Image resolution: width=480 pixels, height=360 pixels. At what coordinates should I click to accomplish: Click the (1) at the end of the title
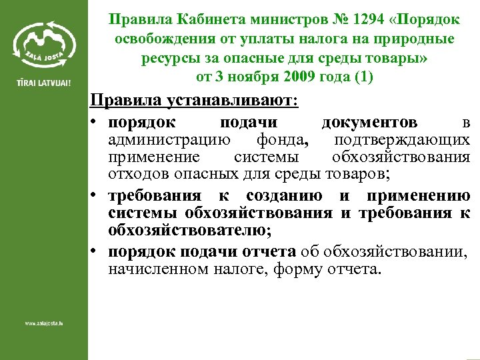(x=364, y=77)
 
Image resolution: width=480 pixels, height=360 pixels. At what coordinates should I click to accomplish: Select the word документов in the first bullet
(x=369, y=123)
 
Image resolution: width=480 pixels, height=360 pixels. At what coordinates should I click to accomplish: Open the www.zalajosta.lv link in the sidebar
(x=44, y=324)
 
